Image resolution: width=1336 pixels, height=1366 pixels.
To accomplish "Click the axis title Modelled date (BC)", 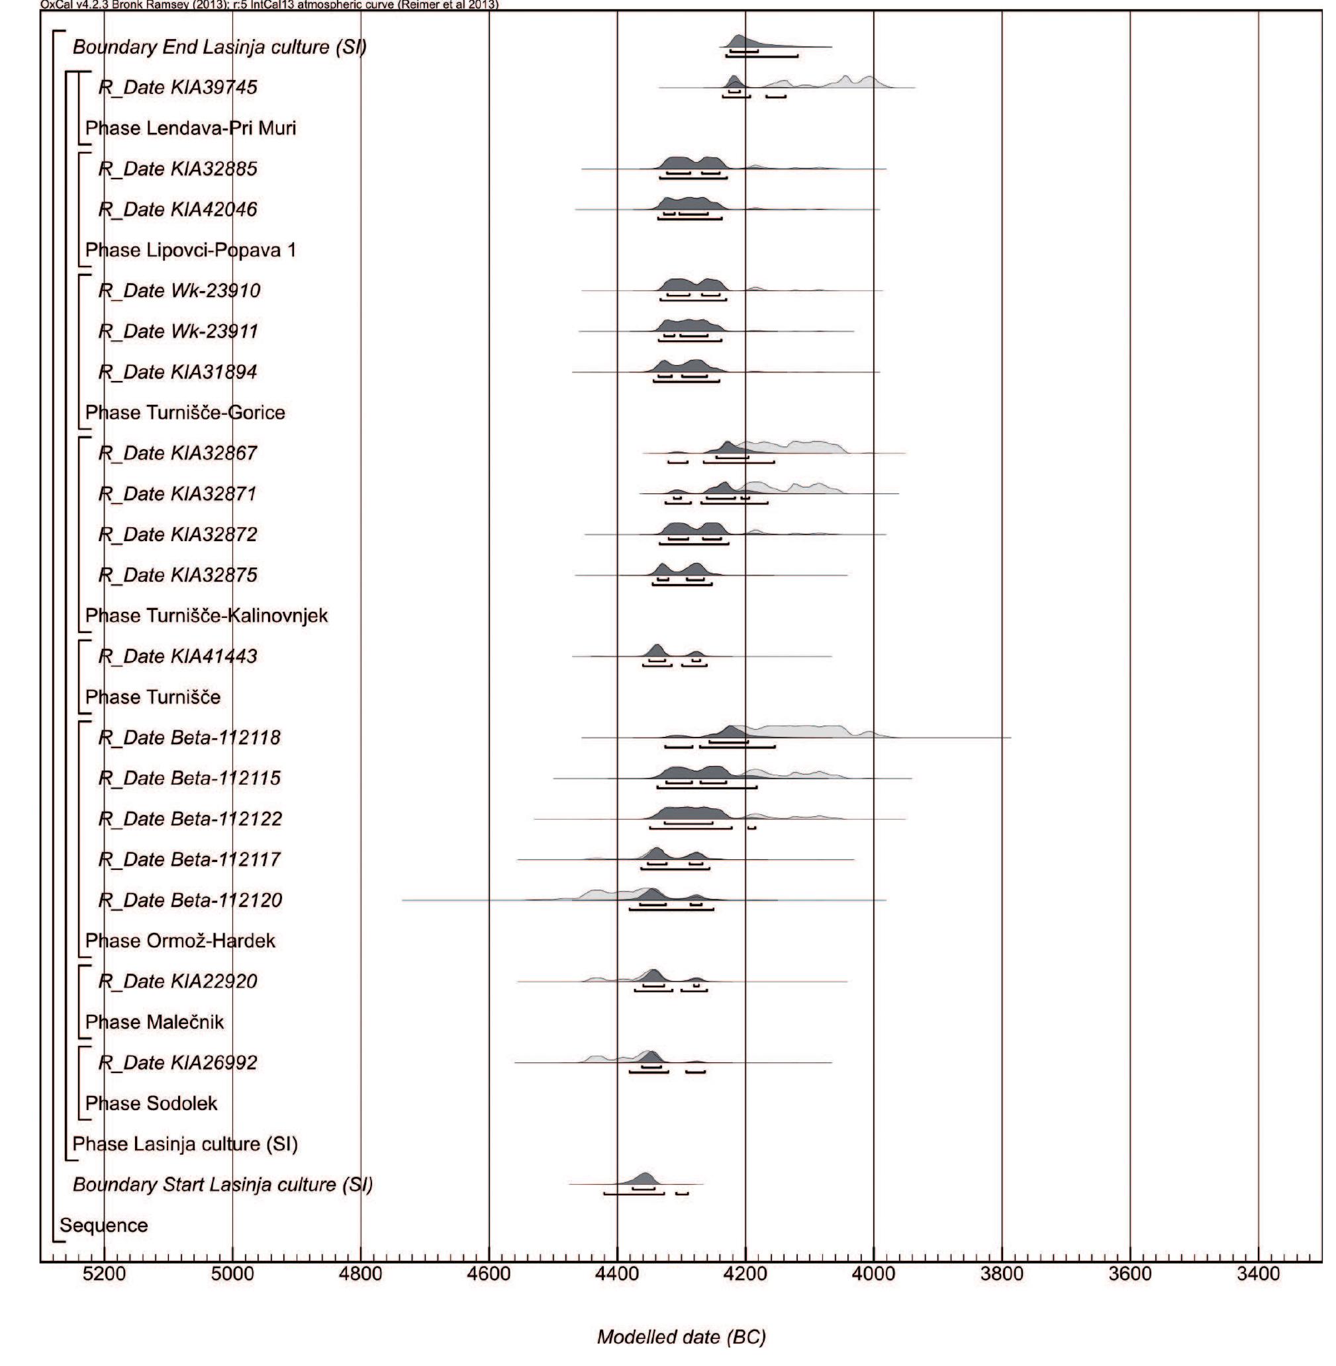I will pos(681,1338).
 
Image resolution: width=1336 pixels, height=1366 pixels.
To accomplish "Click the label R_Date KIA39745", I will pos(177,88).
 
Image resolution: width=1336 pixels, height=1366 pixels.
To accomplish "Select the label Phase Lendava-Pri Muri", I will pos(190,128).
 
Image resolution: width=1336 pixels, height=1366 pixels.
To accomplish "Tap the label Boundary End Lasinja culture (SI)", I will pos(220,47).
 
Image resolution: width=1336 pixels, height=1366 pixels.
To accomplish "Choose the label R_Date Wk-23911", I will pos(178,331).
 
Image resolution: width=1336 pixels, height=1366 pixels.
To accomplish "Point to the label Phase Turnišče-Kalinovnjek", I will pos(207,616).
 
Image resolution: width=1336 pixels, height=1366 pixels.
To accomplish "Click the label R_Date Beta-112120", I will pos(190,900).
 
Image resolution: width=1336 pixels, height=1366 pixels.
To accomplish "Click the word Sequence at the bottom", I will pos(104,1226).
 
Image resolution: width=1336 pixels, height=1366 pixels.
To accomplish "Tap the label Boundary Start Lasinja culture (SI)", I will pos(222,1185).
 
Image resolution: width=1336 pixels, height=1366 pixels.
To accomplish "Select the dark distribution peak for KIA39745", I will pos(734,81).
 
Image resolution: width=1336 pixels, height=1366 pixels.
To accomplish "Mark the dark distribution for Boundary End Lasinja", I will pos(738,40).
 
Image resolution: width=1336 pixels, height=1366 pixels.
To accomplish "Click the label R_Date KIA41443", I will pos(177,656).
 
